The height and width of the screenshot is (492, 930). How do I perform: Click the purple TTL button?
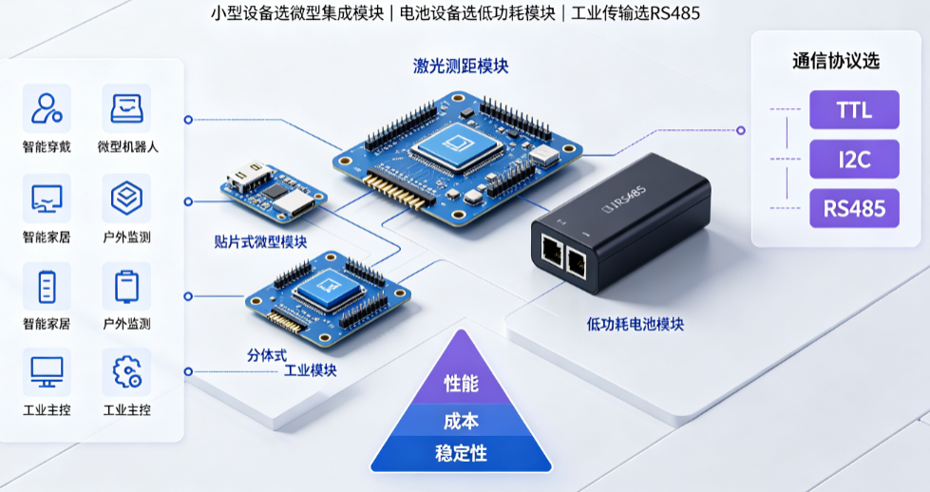pyautogui.click(x=854, y=109)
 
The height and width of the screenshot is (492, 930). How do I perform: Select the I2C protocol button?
pyautogui.click(x=854, y=159)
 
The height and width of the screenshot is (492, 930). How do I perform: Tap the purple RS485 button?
pyautogui.click(x=854, y=208)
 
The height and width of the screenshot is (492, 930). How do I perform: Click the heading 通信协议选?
pyautogui.click(x=836, y=61)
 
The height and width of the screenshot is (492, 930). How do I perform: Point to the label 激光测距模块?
pyautogui.click(x=461, y=66)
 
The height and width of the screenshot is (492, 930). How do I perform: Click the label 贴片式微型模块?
pyautogui.click(x=260, y=242)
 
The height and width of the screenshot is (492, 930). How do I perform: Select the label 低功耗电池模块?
pyautogui.click(x=636, y=324)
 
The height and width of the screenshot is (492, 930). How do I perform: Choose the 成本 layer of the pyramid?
pyautogui.click(x=461, y=421)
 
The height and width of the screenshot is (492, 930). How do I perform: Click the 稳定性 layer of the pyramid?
pyautogui.click(x=461, y=453)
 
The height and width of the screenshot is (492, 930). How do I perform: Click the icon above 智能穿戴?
pyautogui.click(x=47, y=108)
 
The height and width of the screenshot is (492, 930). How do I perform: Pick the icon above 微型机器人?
pyautogui.click(x=126, y=108)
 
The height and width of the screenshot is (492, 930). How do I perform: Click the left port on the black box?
pyautogui.click(x=553, y=252)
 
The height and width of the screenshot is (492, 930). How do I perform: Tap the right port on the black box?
pyautogui.click(x=577, y=261)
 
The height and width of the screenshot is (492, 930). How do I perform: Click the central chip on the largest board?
pyautogui.click(x=456, y=144)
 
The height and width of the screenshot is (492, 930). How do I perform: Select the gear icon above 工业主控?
pyautogui.click(x=127, y=371)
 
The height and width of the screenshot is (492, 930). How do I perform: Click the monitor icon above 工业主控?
pyautogui.click(x=47, y=371)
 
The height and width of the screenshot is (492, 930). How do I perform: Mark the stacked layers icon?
pyautogui.click(x=127, y=198)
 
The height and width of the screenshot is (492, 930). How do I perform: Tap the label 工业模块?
pyautogui.click(x=311, y=370)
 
